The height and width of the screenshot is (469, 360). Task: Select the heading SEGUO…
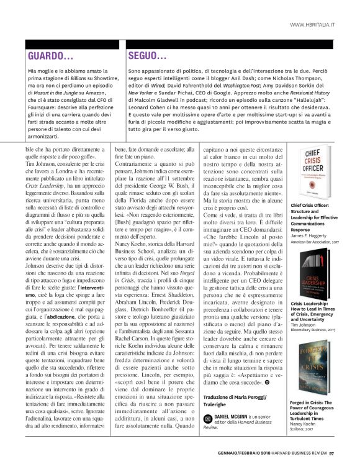tap(147, 57)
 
